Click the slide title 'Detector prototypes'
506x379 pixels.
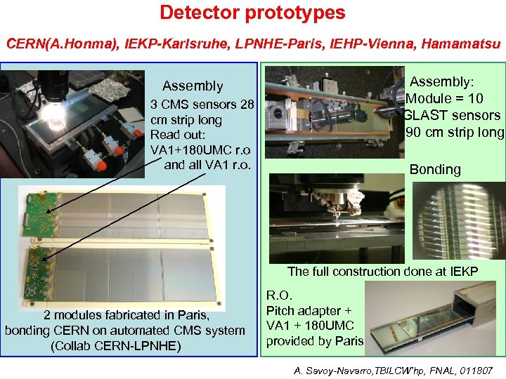coord(252,13)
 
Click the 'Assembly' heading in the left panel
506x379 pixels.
coord(192,86)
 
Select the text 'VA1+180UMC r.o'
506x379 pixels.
coord(200,149)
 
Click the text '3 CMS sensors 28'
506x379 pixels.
coord(202,105)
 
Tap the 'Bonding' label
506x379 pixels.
coord(435,169)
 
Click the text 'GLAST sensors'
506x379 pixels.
coord(453,116)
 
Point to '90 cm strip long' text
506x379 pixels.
coord(455,133)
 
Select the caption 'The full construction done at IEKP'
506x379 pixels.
coord(382,272)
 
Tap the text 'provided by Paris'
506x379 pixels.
coord(314,341)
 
